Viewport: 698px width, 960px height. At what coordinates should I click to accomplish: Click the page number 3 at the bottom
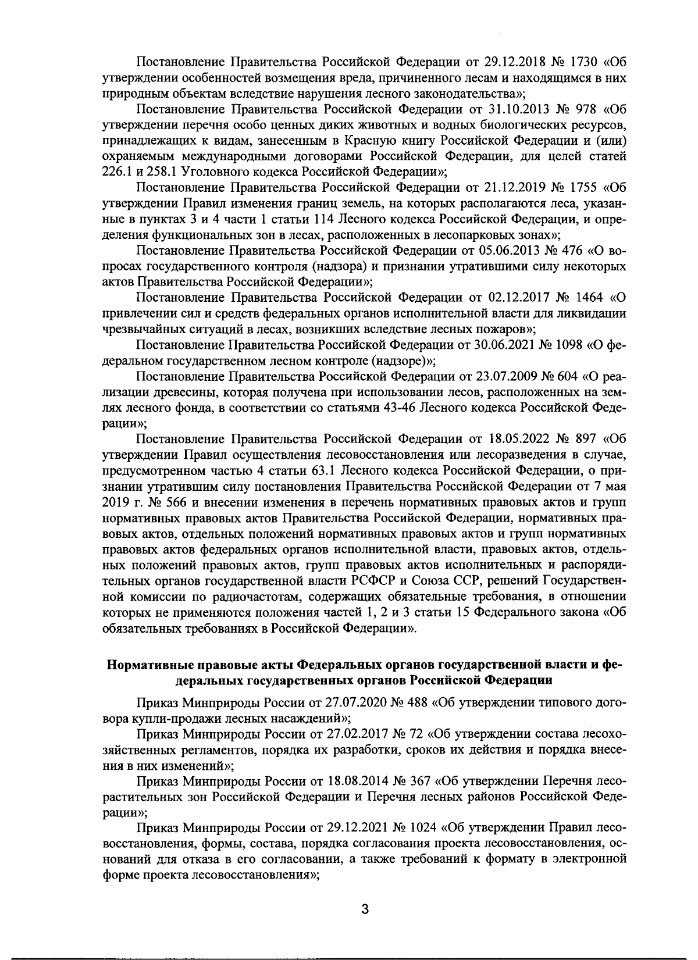point(364,910)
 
